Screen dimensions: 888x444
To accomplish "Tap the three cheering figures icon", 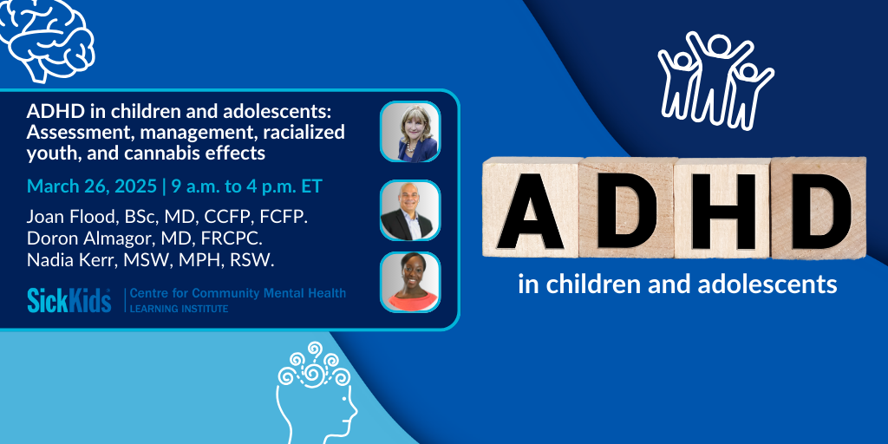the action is tap(715, 79).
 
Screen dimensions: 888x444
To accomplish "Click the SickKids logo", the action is tap(69, 300).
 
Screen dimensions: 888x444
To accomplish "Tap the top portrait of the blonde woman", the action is tap(410, 132).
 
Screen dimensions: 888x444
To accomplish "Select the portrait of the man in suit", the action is tap(410, 210).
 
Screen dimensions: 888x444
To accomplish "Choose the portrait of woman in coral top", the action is tap(410, 282).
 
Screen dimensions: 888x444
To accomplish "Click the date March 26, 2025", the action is tap(92, 187).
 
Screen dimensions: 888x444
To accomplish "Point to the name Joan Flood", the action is tap(63, 218).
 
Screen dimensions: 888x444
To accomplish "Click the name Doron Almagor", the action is tap(80, 238).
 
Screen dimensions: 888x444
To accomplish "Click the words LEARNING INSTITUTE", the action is tap(179, 309).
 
